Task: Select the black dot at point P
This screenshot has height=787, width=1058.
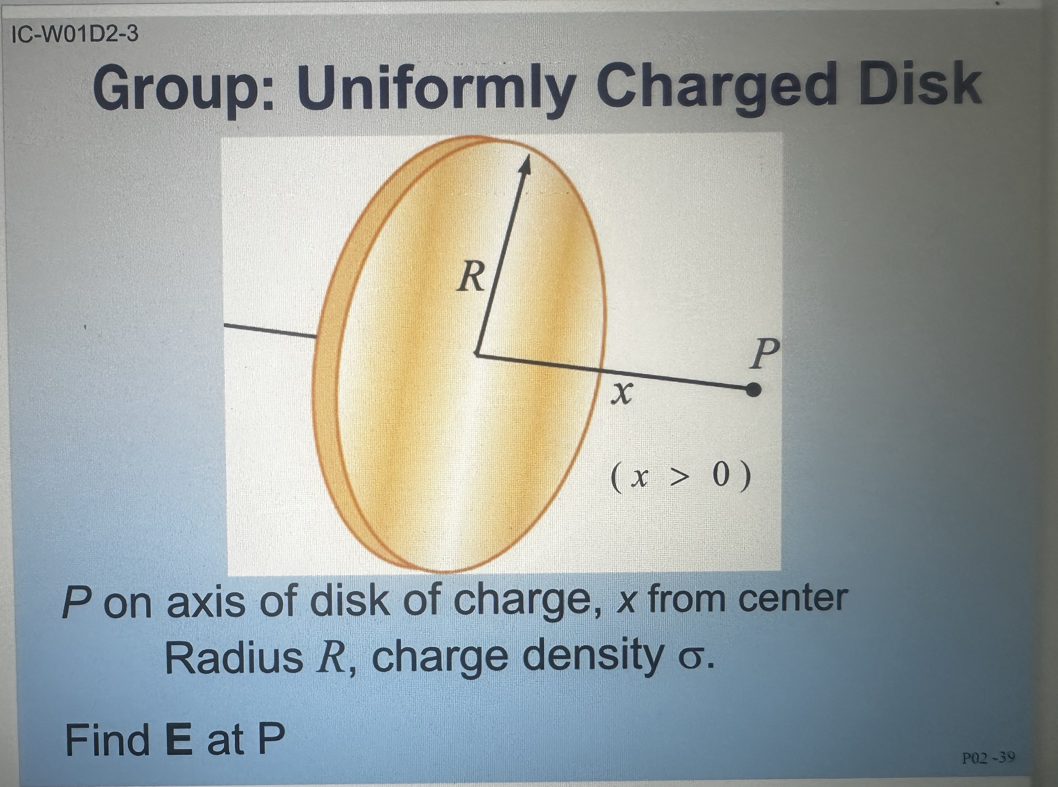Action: click(x=753, y=390)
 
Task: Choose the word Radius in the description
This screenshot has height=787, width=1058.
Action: click(x=234, y=658)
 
